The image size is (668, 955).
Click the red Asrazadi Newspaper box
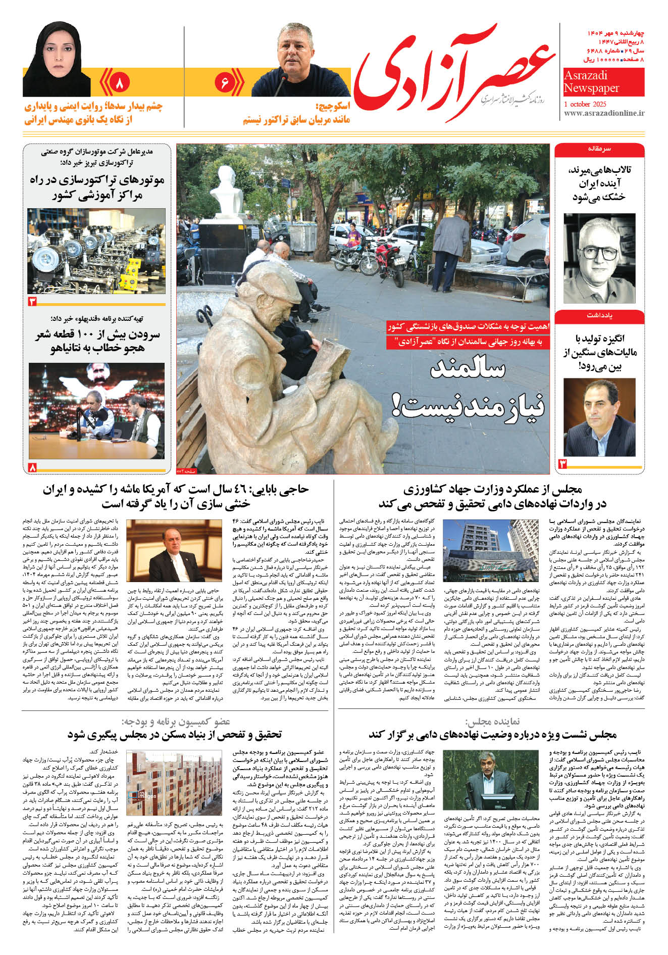coord(603,82)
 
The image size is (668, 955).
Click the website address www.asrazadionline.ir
coord(604,113)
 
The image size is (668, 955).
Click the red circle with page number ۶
coord(225,82)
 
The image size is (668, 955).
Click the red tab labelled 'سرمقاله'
coord(599,150)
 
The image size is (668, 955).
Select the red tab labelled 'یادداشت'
coord(599,316)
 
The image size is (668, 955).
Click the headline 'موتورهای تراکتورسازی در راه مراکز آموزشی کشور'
coord(96,187)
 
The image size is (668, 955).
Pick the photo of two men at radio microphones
coord(96,410)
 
